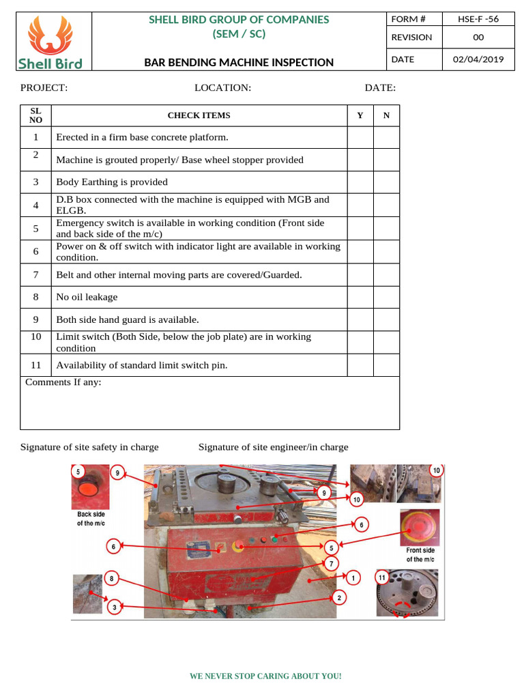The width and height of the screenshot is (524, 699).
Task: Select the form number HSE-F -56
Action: (478, 19)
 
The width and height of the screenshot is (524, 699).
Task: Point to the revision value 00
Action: (478, 38)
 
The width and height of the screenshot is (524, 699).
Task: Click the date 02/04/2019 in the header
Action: (478, 59)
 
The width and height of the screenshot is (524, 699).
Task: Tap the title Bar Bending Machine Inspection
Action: (239, 62)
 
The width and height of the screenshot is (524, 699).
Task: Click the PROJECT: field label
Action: (44, 87)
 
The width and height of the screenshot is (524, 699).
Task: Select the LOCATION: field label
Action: (222, 87)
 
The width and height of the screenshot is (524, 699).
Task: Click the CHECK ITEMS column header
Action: (199, 115)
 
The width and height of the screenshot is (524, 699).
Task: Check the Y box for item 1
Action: (360, 137)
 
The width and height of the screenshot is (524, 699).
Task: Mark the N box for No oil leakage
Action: (386, 297)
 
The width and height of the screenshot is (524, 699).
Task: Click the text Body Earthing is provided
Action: (112, 182)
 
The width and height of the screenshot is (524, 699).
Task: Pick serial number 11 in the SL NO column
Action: (36, 365)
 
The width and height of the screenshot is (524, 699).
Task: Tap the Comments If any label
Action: (63, 382)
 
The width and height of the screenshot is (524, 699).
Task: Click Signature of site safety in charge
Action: (89, 447)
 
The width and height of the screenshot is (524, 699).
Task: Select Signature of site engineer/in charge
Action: (273, 447)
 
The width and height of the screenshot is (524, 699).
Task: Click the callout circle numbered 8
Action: (113, 579)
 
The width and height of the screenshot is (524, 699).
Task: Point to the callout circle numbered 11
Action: (382, 578)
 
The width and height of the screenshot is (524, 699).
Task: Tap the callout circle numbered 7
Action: (331, 564)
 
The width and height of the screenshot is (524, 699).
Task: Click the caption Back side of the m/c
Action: (91, 518)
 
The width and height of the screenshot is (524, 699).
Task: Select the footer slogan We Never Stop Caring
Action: (265, 676)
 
